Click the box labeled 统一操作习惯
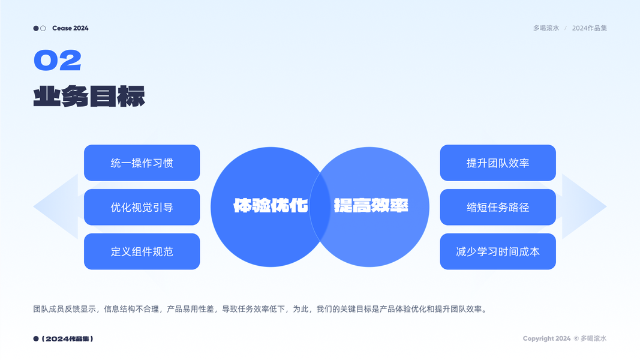pos(142,163)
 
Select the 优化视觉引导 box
pos(142,207)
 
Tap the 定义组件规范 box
pos(142,251)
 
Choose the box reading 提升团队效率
pos(498,163)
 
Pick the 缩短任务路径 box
pos(498,207)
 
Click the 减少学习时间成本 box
pos(498,251)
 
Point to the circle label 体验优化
pos(271,206)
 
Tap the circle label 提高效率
pos(371,206)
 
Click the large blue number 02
pos(57,61)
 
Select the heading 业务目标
pos(89,96)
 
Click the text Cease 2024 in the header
pos(70,28)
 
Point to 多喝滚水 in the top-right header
pos(546,28)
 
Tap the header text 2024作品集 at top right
pos(590,28)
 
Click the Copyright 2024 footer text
pos(546,338)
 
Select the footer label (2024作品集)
pos(67,339)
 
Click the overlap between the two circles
pos(320,206)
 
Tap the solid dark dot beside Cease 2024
pos(36,28)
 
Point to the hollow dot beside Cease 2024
pos(43,28)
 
